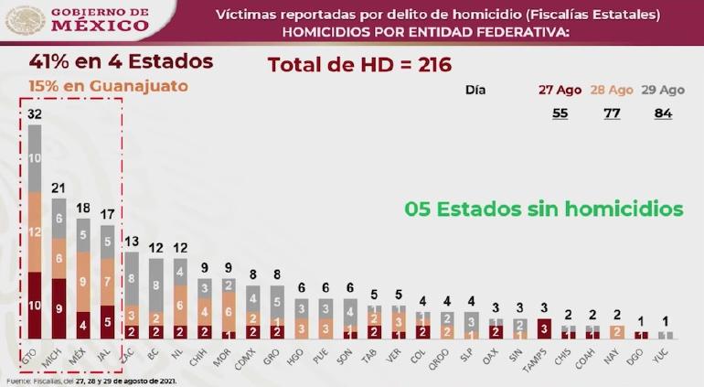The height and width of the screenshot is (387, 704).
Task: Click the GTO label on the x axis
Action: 35,351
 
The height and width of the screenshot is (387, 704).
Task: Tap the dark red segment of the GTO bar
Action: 35,305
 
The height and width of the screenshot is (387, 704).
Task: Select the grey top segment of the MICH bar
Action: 59,219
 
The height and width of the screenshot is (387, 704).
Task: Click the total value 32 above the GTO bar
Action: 35,114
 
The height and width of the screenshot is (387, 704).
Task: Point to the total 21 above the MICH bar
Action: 59,188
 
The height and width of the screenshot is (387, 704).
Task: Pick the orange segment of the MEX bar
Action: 83,282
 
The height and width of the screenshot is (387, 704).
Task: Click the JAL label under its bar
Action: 107,351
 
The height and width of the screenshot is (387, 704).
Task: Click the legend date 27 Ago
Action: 559,91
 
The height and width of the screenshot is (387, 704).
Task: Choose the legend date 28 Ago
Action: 612,91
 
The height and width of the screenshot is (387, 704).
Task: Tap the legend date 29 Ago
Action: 663,91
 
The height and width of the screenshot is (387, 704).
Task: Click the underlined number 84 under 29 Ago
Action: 663,113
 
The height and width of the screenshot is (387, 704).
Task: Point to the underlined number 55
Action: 559,113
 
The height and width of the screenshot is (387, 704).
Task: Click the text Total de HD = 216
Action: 359,65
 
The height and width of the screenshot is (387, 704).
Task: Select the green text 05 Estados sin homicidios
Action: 543,209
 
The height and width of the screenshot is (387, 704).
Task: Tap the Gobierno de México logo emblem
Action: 25,19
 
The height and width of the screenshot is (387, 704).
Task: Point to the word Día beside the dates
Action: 475,91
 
